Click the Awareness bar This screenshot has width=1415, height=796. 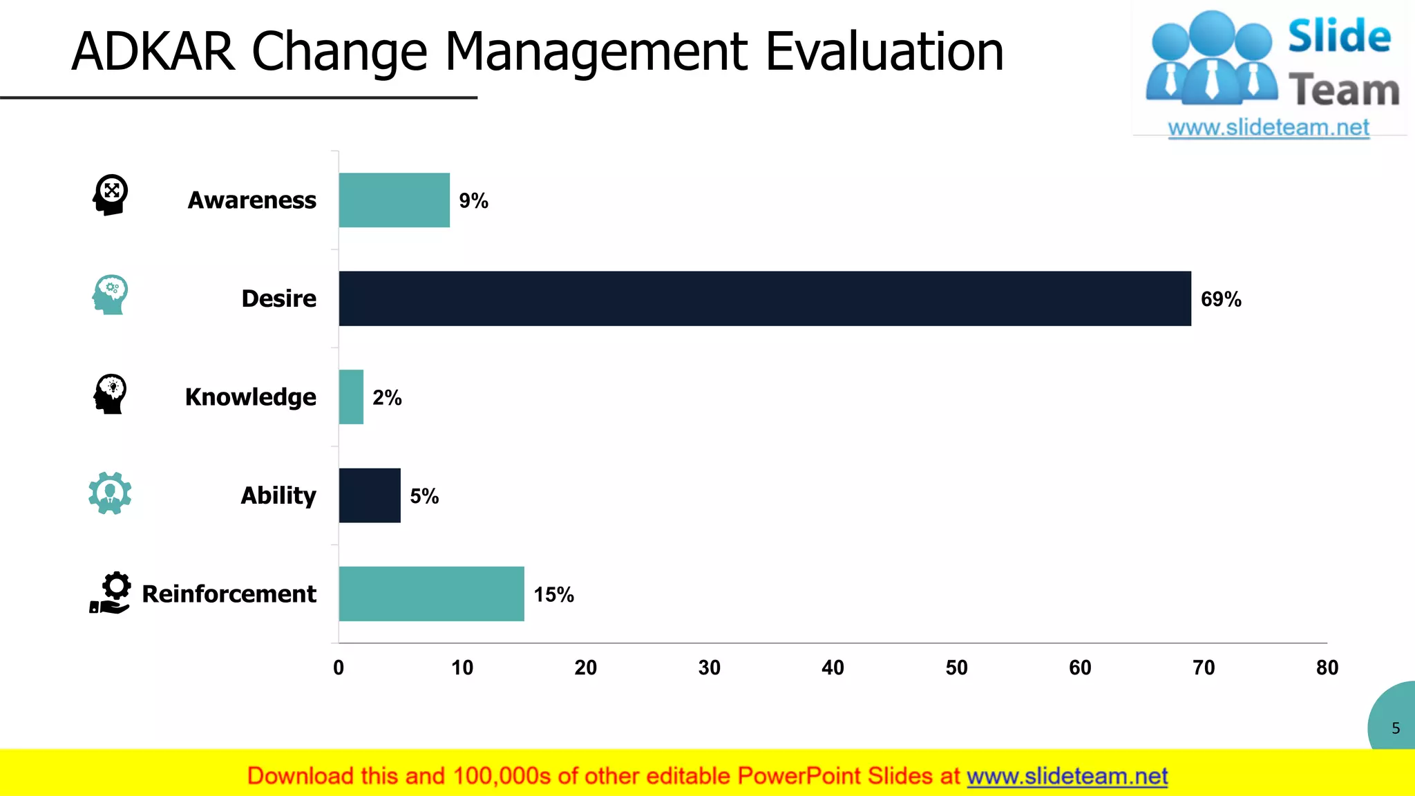pos(394,200)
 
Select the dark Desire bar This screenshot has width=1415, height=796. pos(764,298)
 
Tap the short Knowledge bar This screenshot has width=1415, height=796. pos(351,397)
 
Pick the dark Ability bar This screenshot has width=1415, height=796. pos(370,495)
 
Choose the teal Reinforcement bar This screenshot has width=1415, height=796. pos(431,594)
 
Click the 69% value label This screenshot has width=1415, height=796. pos(1221,299)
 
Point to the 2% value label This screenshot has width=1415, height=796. pos(387,398)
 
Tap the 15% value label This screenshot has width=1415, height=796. pos(553,595)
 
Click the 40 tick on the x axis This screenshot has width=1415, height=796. pos(833,667)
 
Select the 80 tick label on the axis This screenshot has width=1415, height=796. pos(1327,667)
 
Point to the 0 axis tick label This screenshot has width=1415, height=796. pos(339,667)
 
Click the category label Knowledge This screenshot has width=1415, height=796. pos(251,397)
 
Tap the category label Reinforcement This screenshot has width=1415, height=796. pos(229,594)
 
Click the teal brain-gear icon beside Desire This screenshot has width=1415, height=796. pos(110,295)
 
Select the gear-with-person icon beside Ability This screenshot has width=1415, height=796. pos(110,493)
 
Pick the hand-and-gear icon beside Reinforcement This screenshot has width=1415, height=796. pos(111,593)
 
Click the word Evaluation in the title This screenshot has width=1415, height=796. pos(884,52)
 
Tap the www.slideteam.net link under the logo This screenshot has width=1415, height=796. pos(1269,128)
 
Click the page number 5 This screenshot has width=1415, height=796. pos(1396,728)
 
